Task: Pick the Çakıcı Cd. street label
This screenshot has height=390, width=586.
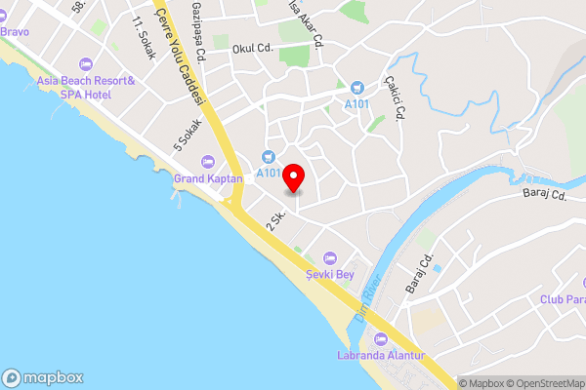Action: click(395, 97)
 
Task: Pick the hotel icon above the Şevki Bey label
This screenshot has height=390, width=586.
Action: click(329, 257)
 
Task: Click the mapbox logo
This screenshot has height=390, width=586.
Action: click(43, 378)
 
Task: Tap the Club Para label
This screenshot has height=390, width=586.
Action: click(563, 298)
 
